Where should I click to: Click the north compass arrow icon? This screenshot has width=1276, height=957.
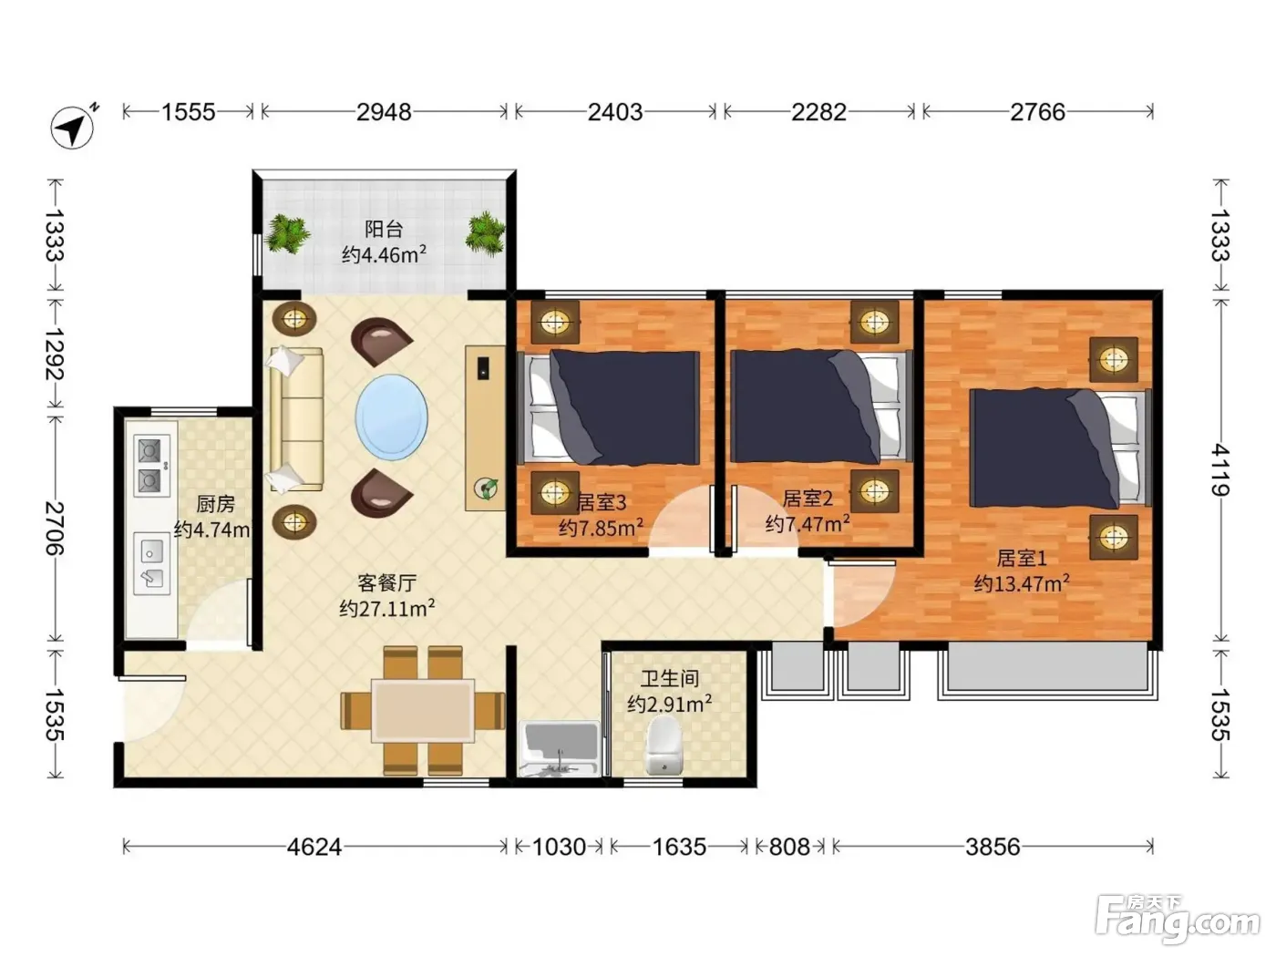[x=73, y=128]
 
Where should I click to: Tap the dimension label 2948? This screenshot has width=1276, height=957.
[x=384, y=111]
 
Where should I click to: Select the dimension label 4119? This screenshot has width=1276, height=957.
[x=1220, y=469]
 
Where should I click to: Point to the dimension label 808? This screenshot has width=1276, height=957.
[x=789, y=848]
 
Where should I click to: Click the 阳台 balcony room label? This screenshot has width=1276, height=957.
[x=384, y=229]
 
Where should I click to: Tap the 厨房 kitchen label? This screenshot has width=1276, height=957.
[x=215, y=504]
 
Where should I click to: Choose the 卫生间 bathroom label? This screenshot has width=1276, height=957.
[x=670, y=678]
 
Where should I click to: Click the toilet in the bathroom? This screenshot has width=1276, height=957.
[x=664, y=745]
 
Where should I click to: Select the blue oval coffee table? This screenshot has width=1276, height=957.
[x=391, y=417]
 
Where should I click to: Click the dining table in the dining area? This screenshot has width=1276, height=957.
[x=423, y=710]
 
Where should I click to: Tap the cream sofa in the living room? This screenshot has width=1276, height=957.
[x=295, y=419]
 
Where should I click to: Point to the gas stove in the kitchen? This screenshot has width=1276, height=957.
[x=151, y=466]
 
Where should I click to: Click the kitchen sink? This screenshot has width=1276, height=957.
[x=151, y=563]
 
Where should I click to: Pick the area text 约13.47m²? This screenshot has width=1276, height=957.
[x=1022, y=582]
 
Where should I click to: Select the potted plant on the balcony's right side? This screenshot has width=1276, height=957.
[x=484, y=233]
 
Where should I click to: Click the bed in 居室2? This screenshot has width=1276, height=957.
[x=820, y=406]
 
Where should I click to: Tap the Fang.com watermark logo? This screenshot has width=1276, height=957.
[x=1178, y=918]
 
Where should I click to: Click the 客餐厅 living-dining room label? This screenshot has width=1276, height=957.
[x=386, y=582]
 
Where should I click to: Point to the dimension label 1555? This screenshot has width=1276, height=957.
[x=188, y=111]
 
